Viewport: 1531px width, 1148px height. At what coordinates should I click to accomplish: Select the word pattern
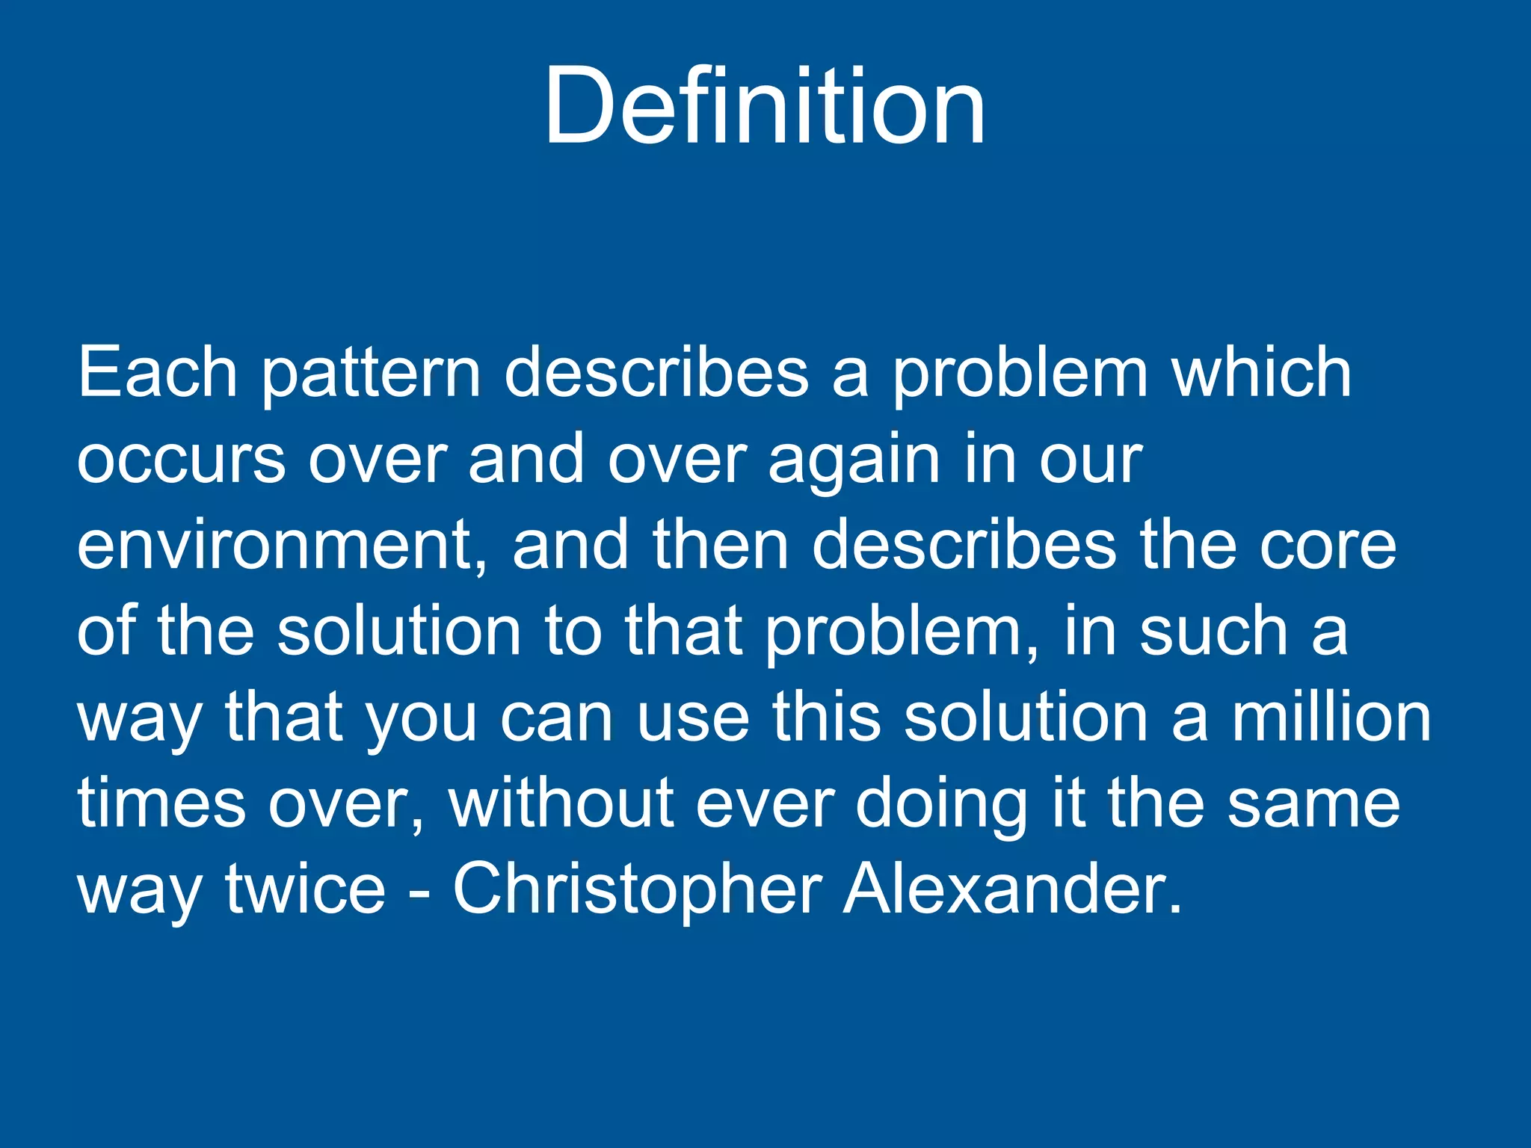[371, 374]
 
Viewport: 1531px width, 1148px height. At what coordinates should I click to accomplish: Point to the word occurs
[181, 460]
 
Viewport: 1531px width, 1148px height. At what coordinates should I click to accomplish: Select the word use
[693, 719]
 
